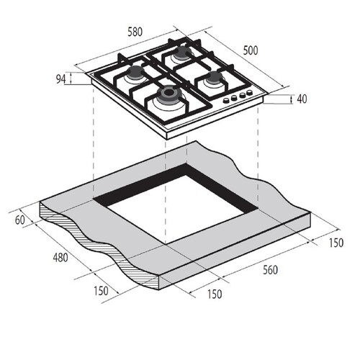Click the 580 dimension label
[x=135, y=32]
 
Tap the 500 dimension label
[x=251, y=50]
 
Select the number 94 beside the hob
[x=60, y=79]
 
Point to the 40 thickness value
[x=302, y=99]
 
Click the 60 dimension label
[x=20, y=220]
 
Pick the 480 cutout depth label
[x=60, y=258]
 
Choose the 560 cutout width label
[x=270, y=270]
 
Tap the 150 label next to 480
[x=101, y=291]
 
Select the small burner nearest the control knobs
[x=213, y=78]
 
